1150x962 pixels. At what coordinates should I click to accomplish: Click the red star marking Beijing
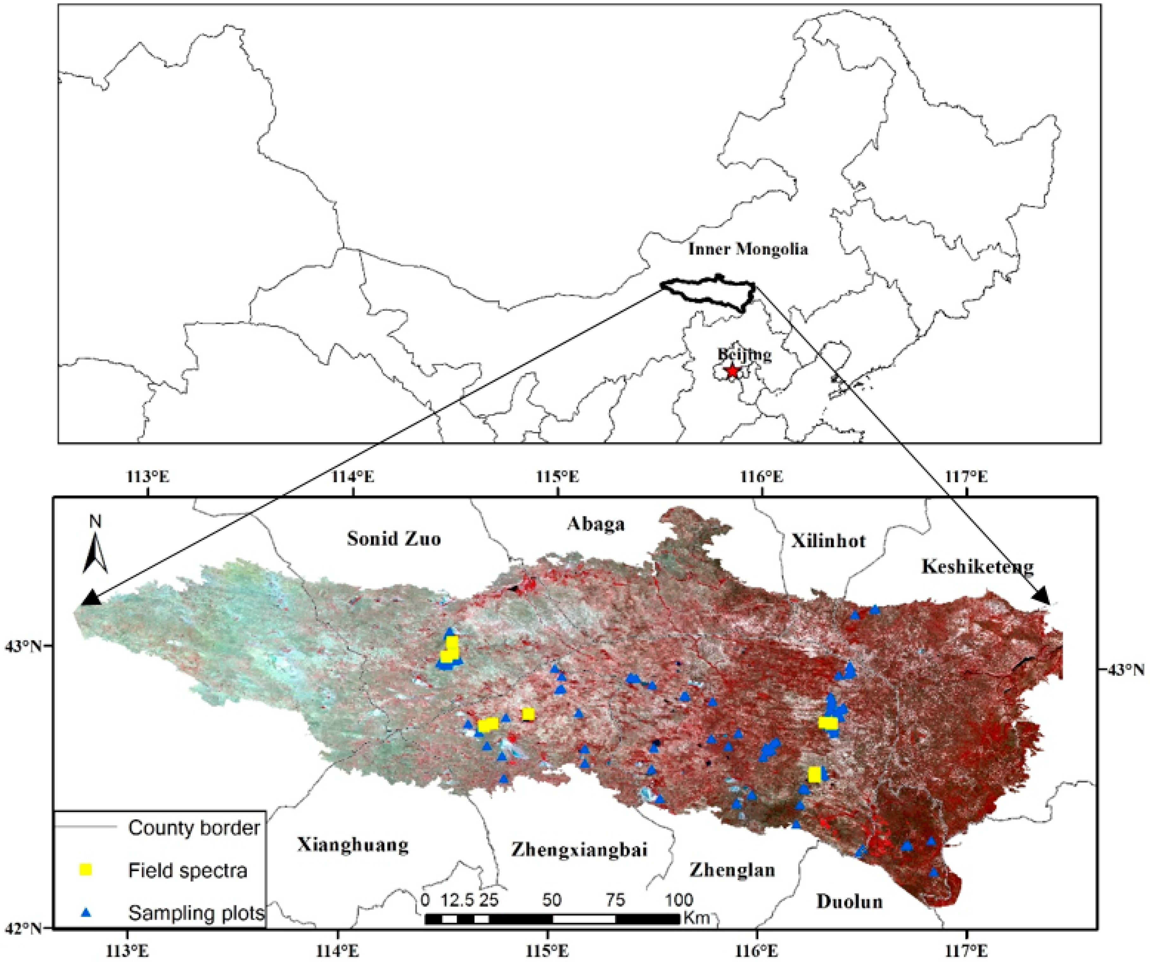732,371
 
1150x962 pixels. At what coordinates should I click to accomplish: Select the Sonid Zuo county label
394,539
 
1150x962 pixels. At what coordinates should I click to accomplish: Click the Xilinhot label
828,541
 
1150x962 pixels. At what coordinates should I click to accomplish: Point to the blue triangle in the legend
86,912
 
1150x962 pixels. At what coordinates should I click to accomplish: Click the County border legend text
194,827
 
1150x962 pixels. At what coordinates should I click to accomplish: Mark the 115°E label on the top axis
558,476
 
